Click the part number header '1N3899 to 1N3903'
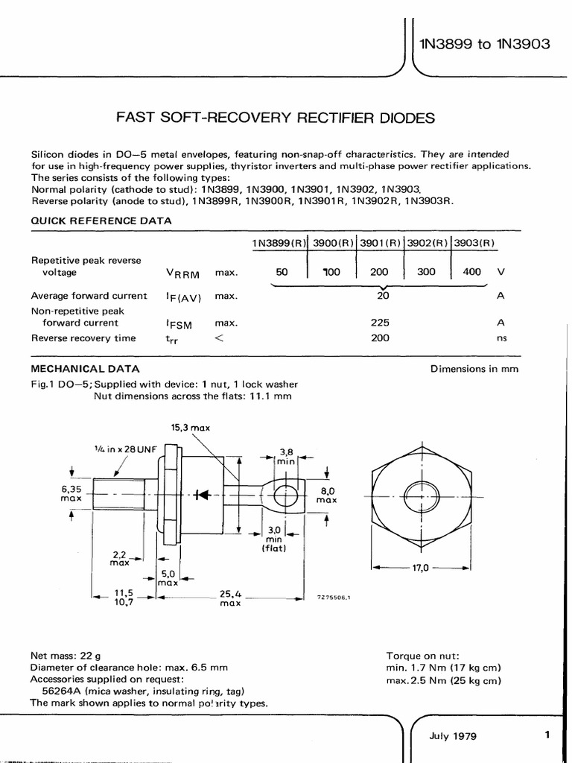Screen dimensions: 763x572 [484, 44]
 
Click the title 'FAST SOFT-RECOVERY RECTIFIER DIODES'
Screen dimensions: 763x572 [274, 119]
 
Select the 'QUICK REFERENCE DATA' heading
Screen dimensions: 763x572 [101, 221]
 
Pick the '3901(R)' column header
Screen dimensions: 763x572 [380, 244]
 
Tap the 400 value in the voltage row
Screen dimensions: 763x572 [471, 273]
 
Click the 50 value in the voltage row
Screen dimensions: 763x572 [282, 273]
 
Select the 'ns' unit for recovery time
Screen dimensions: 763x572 [500, 338]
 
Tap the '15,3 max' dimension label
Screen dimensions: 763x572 [191, 427]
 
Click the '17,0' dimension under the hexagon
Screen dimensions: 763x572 [422, 568]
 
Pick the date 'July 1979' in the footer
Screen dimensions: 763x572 [453, 735]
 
